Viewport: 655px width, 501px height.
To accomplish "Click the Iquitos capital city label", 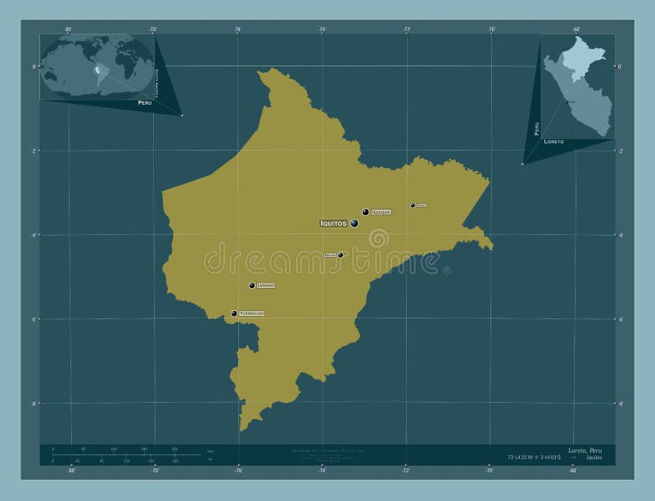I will pos(333,223).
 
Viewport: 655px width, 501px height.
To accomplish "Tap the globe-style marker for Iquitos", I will pos(354,223).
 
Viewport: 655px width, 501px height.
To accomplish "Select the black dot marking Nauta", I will pos(341,255).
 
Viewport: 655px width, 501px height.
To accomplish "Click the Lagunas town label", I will pos(265,286).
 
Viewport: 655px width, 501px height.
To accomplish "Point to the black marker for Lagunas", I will pos(251,286).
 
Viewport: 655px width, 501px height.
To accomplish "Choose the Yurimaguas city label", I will pos(251,314).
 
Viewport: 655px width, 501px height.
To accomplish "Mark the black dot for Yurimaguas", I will pos(234,313).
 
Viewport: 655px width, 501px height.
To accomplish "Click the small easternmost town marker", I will pos(413,205).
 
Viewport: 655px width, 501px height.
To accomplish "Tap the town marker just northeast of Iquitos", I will pos(365,212).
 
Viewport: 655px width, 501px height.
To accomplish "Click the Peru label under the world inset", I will pos(145,103).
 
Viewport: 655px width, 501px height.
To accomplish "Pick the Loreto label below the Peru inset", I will pos(553,142).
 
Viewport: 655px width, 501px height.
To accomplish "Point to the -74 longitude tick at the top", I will pos(322,29).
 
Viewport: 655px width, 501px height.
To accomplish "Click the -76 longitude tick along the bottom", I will pos(237,471).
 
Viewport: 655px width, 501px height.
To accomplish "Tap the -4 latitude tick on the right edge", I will pos(620,235).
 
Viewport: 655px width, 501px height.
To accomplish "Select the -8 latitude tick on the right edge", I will pos(620,404).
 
